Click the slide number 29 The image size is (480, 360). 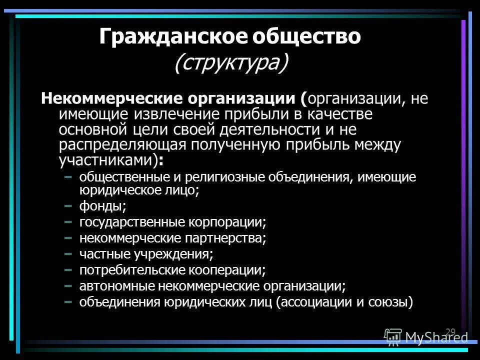coord(450,331)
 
